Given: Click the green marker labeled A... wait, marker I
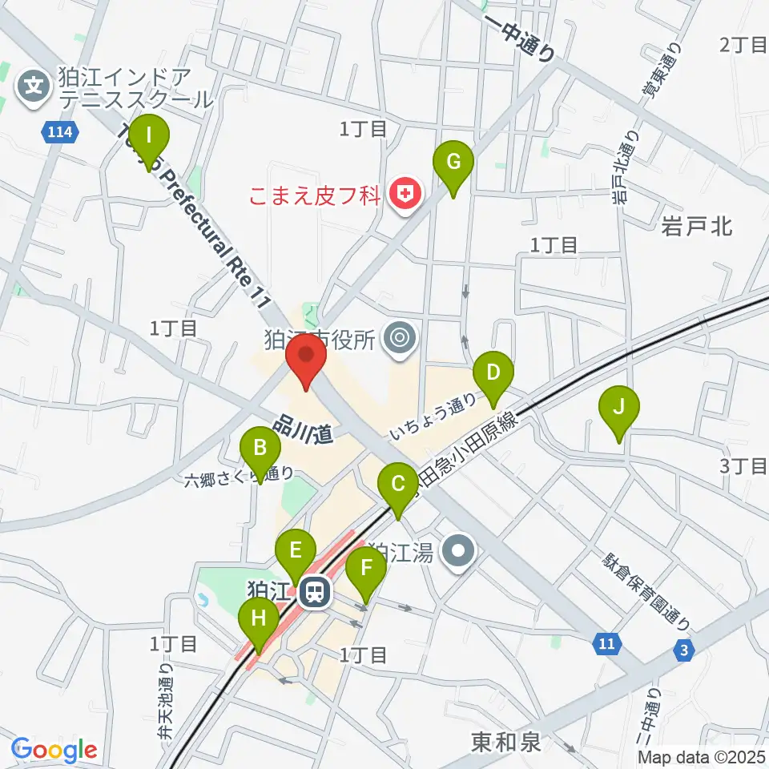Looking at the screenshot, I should click(x=150, y=137).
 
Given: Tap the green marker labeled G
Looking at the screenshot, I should click(x=453, y=163).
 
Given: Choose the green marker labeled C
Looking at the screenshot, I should click(x=397, y=485).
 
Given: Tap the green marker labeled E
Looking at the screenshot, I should click(x=296, y=552).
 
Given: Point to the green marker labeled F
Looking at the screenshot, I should click(x=367, y=570).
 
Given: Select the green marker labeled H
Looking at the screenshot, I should click(x=259, y=619).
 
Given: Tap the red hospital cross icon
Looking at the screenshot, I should click(x=406, y=194).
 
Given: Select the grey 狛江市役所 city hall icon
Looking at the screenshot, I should click(x=399, y=340).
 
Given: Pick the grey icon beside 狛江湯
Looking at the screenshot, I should click(x=460, y=551).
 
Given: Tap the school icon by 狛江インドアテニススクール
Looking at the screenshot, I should click(x=34, y=83).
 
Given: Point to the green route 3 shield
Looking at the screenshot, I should click(x=683, y=651).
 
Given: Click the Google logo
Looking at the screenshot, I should click(x=54, y=751).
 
